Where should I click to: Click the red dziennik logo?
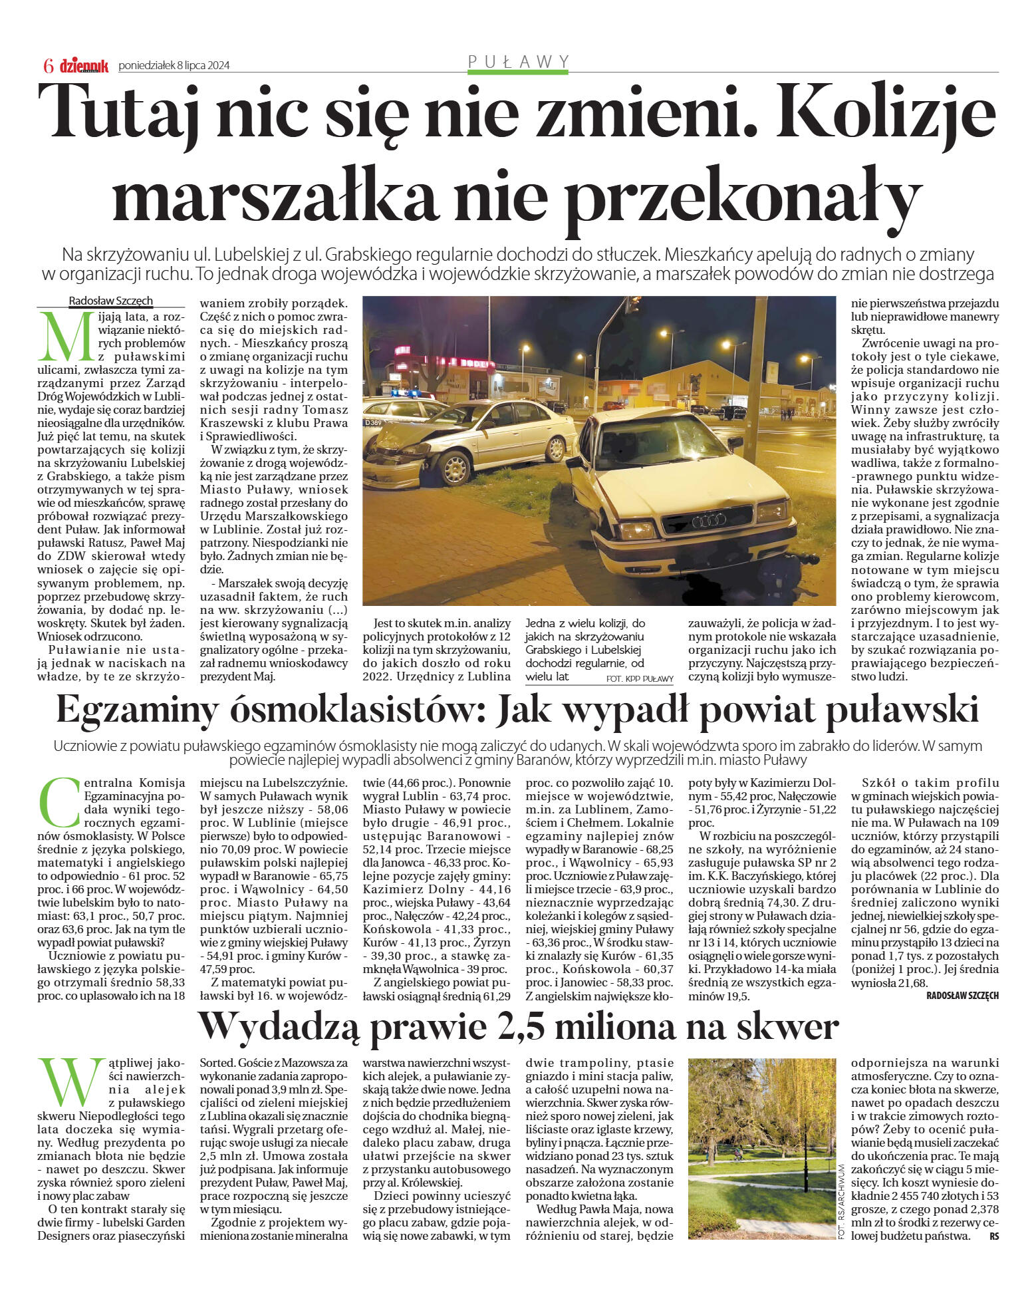[84, 65]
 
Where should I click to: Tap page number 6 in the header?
[48, 66]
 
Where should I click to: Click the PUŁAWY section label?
[519, 62]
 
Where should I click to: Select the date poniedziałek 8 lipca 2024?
[174, 65]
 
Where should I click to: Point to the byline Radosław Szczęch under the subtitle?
[111, 301]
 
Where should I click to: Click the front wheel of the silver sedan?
[456, 467]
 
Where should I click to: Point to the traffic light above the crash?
[633, 305]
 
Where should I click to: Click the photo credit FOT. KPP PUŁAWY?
[640, 679]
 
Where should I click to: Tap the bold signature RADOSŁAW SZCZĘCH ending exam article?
[962, 996]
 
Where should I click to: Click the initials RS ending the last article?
[993, 1236]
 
